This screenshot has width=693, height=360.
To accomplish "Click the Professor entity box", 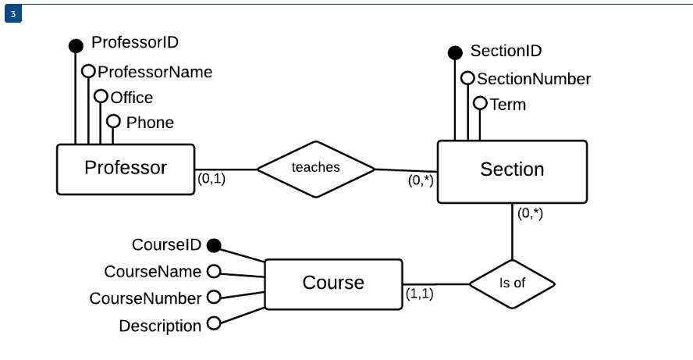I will (126, 168).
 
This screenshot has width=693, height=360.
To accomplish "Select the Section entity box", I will (511, 171).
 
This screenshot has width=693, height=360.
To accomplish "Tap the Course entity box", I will (333, 283).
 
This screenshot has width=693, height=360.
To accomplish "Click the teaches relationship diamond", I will (316, 168).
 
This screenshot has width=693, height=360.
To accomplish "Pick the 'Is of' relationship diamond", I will (512, 283).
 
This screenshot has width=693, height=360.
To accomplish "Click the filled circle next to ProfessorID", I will (76, 45).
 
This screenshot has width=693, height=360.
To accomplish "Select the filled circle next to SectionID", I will (455, 53).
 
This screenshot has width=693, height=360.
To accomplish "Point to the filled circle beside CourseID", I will (212, 245).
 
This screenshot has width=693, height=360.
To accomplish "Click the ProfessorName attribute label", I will (155, 72).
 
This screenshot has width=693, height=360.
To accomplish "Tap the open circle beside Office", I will (101, 97).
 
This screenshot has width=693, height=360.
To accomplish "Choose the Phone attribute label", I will (150, 123).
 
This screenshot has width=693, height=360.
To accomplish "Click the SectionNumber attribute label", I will (534, 79).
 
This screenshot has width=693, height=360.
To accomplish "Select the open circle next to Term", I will (480, 103).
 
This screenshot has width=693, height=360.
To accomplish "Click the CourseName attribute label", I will (153, 271).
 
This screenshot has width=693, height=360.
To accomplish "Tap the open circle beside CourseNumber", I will (212, 298).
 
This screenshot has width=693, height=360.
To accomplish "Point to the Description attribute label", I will (159, 326).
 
